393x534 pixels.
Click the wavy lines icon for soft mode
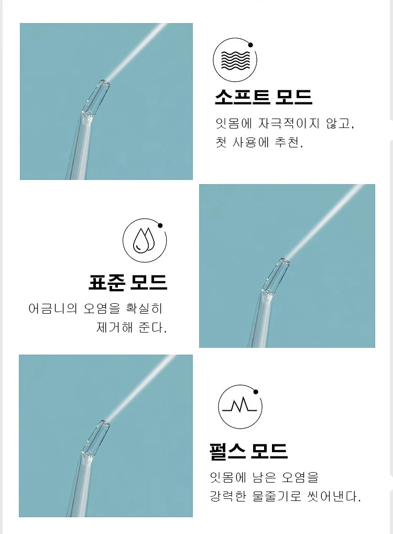235,61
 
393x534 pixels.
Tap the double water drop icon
144,240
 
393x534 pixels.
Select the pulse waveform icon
239,405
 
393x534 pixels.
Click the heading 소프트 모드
264,97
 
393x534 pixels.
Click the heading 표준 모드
128,282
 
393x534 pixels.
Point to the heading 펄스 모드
249,451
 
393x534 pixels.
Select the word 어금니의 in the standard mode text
53,308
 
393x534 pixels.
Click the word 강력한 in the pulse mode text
227,496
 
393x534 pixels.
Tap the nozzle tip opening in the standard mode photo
285,261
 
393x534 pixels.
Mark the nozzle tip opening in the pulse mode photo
105,423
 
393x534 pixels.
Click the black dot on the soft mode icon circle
250,45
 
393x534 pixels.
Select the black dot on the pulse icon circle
256,392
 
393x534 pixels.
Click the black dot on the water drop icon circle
160,226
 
